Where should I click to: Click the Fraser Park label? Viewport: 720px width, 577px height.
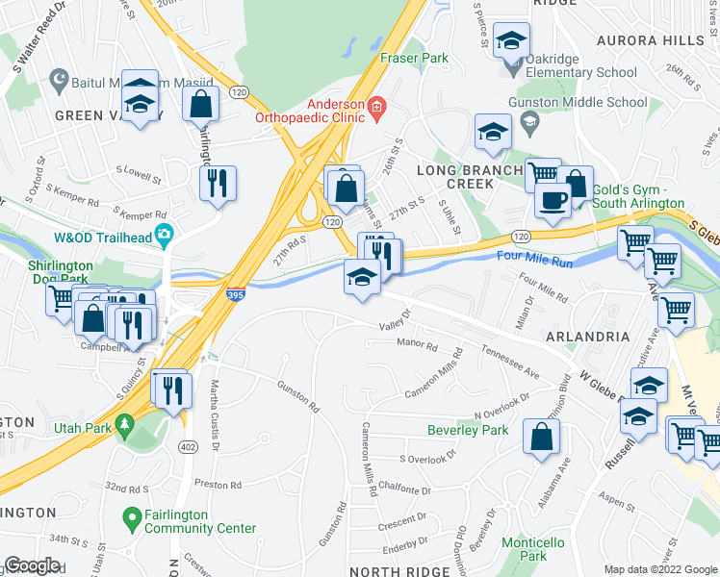pos(414,58)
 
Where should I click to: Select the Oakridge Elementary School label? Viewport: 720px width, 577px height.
pos(581,72)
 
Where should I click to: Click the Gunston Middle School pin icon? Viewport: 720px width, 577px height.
pos(528,121)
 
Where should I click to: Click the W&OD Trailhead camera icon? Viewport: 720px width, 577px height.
pos(166,233)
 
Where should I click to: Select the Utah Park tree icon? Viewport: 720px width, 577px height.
pos(124,424)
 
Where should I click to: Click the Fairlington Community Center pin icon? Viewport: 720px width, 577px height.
pos(134,521)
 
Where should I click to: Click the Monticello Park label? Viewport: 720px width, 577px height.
pos(524,549)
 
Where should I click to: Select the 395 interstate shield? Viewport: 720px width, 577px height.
pos(236,296)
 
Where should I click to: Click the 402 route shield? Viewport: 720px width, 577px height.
pos(188,446)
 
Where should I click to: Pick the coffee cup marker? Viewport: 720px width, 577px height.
pos(553,200)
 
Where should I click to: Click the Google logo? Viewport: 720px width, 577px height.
pos(32,565)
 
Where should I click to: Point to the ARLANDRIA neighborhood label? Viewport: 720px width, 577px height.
pos(587,337)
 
